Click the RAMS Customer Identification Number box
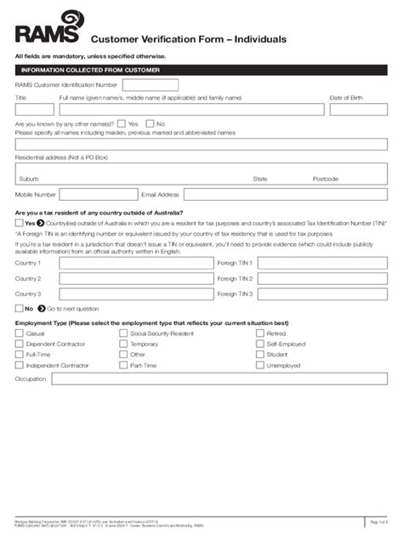150,85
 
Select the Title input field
34,110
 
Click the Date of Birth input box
358,110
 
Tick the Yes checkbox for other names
122,123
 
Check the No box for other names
150,123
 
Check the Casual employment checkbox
20,334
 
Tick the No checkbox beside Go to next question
20,309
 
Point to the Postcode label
325,179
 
